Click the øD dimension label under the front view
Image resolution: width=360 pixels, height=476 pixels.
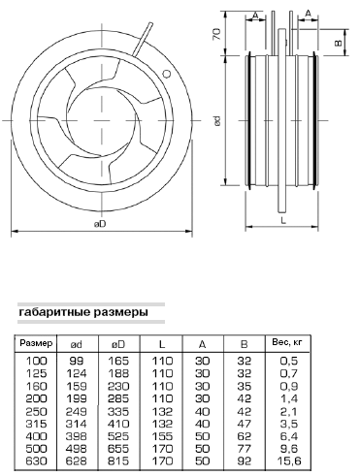pyautogui.click(x=100, y=224)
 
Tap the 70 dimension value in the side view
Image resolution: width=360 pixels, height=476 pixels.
pyautogui.click(x=217, y=34)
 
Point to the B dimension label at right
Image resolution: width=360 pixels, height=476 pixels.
pyautogui.click(x=338, y=43)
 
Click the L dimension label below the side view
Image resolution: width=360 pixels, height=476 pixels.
pyautogui.click(x=283, y=221)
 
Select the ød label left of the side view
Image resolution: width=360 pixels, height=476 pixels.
pyautogui.click(x=217, y=121)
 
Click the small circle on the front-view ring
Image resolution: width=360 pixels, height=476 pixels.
pyautogui.click(x=166, y=74)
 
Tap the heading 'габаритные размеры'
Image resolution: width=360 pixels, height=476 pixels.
pyautogui.click(x=83, y=312)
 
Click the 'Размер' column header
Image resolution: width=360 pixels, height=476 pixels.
pyautogui.click(x=36, y=343)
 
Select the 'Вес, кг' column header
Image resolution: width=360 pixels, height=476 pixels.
pyautogui.click(x=287, y=342)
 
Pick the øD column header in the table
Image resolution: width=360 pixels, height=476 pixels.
pyautogui.click(x=118, y=344)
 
